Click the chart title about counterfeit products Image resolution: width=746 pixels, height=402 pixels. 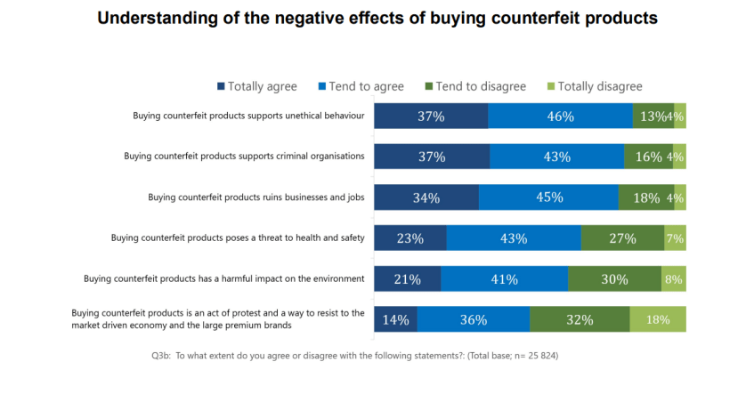click(377, 19)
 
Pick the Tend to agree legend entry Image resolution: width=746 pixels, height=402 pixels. click(361, 86)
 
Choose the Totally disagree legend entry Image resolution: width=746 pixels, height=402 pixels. click(594, 86)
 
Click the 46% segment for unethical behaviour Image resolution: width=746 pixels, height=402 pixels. click(560, 117)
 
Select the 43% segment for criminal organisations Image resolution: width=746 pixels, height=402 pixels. click(556, 157)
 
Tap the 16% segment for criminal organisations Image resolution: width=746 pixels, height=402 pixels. click(648, 157)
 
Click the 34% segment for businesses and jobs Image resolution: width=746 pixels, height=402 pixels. click(426, 197)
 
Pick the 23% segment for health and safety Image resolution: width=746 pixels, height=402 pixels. click(409, 238)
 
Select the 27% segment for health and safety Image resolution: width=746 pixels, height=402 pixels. click(622, 238)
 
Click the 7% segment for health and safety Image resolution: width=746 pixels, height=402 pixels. click(675, 238)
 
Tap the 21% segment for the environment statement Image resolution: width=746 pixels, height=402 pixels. click(407, 278)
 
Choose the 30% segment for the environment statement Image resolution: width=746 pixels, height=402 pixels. click(614, 278)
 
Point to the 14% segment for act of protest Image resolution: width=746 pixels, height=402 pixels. click(395, 319)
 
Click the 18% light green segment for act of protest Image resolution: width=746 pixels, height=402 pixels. click(658, 319)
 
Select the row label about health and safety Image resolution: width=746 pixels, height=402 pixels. click(238, 237)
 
